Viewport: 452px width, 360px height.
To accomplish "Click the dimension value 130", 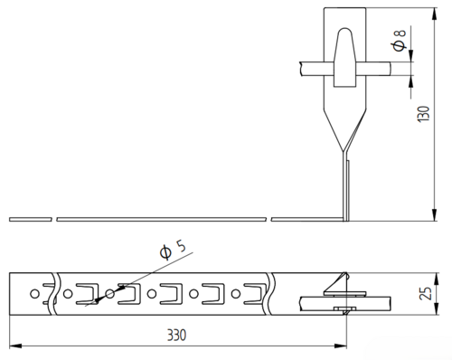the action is tap(423, 114).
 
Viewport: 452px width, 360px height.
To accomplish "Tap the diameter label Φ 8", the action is tap(400, 41).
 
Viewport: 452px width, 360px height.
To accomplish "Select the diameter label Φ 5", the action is tap(173, 250).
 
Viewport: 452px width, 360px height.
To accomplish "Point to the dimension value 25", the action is tap(426, 293).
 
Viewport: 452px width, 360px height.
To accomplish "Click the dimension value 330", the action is tap(177, 335).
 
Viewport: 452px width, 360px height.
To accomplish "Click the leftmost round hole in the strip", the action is tap(34, 293).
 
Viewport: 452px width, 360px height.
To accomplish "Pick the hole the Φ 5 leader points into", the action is tap(110, 293).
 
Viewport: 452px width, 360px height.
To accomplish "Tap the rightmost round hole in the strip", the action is tap(236, 293).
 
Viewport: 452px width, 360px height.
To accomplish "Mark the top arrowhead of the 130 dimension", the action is tap(434, 14).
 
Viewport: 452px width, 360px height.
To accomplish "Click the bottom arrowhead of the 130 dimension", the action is tap(434, 214).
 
